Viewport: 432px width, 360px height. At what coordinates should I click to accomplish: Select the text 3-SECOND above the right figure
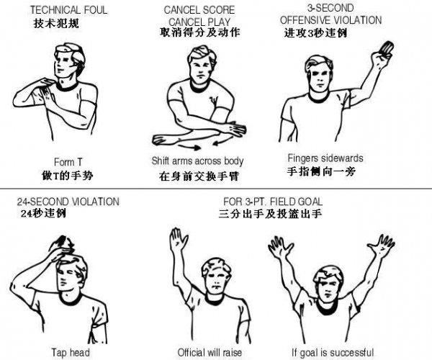coord(331,8)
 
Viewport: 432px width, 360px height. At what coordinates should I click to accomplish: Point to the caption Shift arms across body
coord(198,160)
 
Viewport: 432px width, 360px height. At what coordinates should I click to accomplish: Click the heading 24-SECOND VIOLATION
coord(68,202)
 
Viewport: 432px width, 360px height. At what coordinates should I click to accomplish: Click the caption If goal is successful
coord(332,352)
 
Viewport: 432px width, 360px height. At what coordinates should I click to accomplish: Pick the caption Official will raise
coord(207,352)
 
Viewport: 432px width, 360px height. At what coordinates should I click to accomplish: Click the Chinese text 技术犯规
coord(57,23)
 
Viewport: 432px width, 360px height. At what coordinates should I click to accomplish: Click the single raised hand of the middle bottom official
coord(176,238)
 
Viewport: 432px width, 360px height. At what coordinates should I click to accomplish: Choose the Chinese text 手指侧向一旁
coord(325,171)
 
